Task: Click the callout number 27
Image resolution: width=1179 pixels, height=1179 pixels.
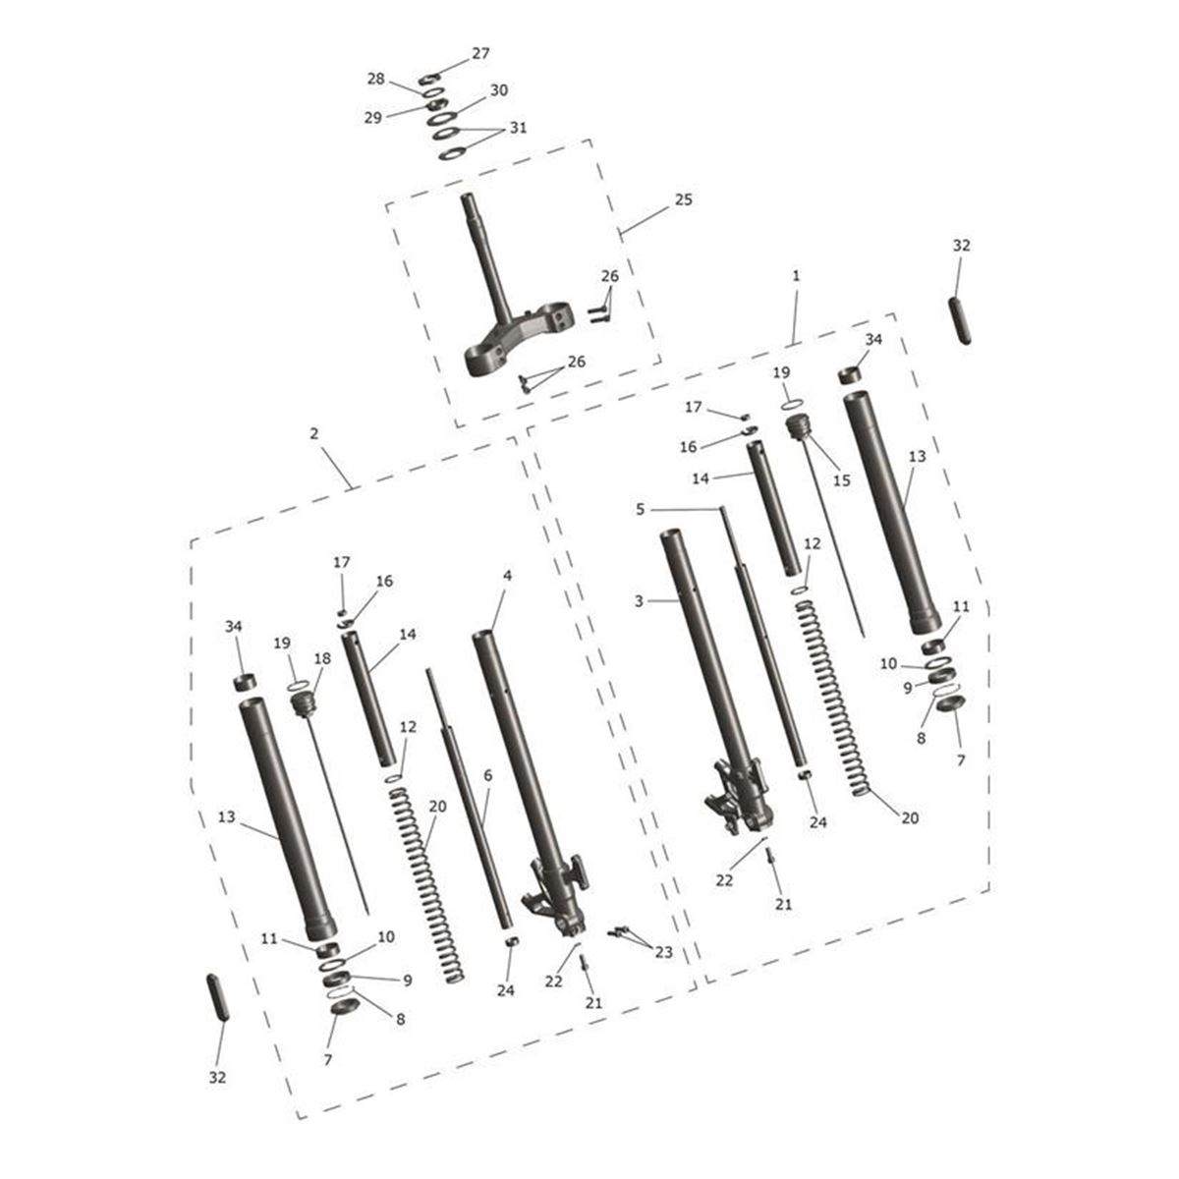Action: pos(480,54)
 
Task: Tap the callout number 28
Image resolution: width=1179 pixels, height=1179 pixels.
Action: pos(375,79)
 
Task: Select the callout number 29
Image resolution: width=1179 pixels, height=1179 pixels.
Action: pos(373,118)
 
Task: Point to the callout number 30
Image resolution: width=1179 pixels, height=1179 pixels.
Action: pos(499,90)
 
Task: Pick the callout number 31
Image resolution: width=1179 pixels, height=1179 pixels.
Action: pos(518,128)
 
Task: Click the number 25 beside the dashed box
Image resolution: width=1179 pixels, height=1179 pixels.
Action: pos(684,199)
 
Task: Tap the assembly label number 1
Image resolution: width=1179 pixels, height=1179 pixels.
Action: pos(796,276)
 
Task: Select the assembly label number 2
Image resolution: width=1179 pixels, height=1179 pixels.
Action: pos(313,434)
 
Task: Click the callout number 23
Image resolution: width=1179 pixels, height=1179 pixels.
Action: pos(664,952)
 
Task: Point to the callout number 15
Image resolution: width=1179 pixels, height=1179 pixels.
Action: pos(842,480)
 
